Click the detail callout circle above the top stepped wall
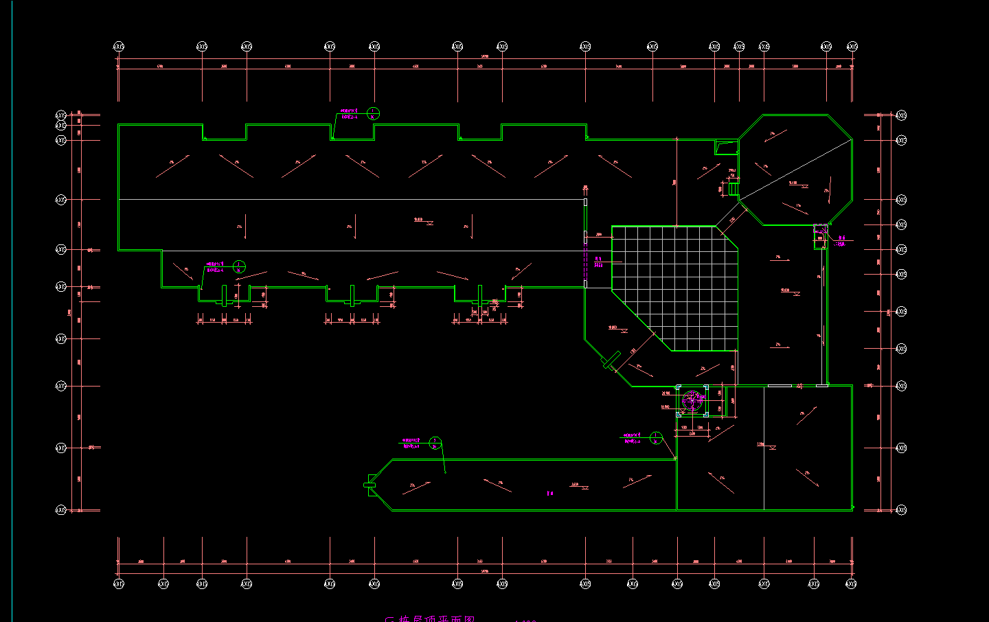[x=374, y=113]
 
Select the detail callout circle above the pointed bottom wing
[x=435, y=443]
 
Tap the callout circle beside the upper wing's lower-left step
[x=239, y=266]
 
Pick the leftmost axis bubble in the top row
[x=119, y=47]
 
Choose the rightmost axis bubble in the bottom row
[x=852, y=584]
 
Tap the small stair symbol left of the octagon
[x=733, y=187]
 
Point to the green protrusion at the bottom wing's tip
[x=370, y=485]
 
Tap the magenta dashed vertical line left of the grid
[x=585, y=261]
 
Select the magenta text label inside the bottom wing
[x=550, y=493]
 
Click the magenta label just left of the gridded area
[x=598, y=262]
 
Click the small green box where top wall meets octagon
[x=725, y=147]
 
